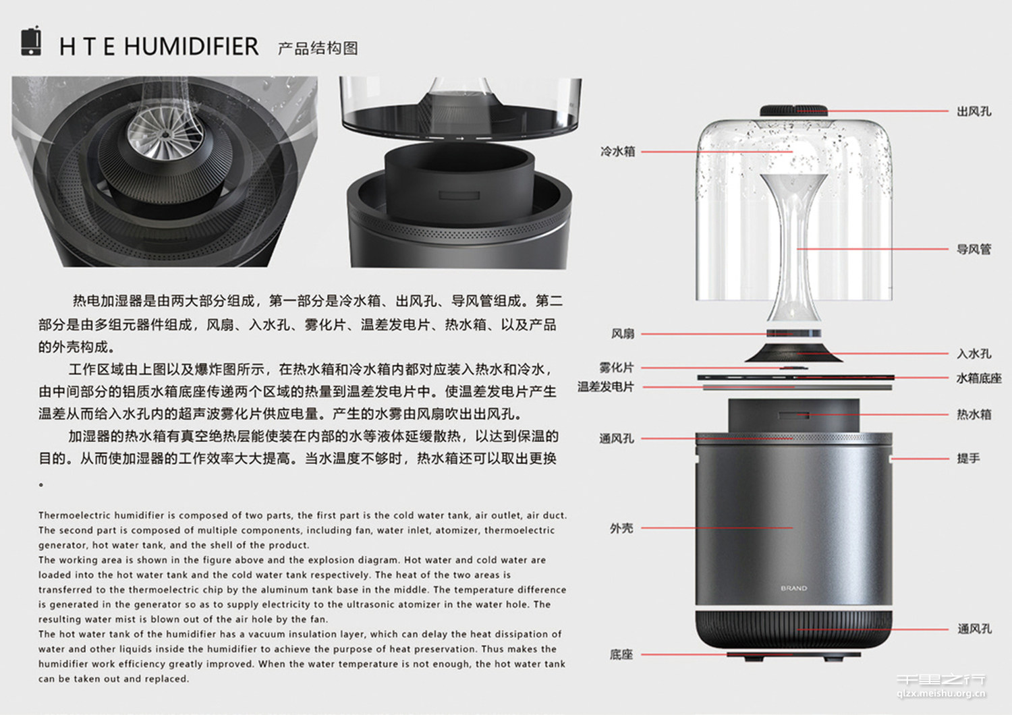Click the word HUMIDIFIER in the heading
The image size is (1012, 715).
[191, 47]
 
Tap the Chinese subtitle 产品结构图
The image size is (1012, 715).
[317, 48]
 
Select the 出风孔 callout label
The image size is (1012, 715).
[974, 111]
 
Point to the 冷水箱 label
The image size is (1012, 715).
[617, 152]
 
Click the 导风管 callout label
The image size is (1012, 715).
[974, 250]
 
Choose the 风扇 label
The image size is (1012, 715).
[622, 334]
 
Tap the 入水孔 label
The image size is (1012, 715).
[974, 353]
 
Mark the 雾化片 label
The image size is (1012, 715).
[616, 368]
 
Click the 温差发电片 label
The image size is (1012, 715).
[605, 387]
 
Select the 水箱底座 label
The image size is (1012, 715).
[978, 378]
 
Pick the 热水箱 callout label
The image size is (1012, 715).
[974, 415]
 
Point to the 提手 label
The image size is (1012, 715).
[968, 459]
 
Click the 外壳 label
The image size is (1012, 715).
[621, 528]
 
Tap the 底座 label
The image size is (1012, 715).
[621, 654]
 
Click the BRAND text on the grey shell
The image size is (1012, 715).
[793, 588]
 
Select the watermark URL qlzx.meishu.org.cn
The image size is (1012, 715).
[941, 693]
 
